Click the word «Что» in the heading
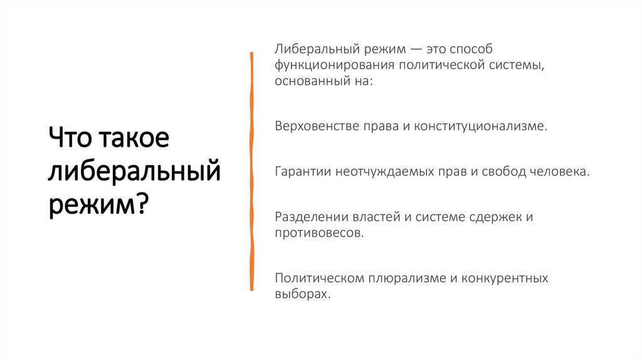pos(69,137)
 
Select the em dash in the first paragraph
pos(409,49)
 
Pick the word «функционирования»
pos(327,65)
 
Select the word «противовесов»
pos(317,233)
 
